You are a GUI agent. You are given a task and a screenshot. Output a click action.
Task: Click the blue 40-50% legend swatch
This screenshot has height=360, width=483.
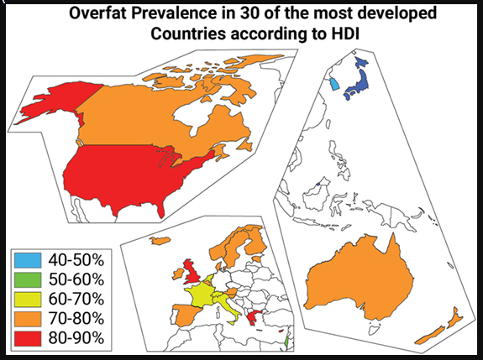click(28, 260)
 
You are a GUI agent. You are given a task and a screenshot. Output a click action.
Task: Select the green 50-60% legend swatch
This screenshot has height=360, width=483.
click(28, 279)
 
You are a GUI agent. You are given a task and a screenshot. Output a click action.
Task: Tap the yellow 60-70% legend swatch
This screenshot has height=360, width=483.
click(28, 299)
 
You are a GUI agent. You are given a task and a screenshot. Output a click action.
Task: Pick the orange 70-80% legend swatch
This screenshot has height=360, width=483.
click(28, 319)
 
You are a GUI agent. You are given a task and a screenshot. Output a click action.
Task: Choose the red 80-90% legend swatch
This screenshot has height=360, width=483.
click(28, 338)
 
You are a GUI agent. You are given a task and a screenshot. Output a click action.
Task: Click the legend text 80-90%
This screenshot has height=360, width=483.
click(76, 338)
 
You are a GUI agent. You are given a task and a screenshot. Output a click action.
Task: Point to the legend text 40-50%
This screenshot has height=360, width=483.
click(76, 260)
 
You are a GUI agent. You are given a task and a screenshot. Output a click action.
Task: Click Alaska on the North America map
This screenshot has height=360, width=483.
click(59, 102)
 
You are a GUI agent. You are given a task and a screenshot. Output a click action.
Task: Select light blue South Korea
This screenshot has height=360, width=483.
click(334, 83)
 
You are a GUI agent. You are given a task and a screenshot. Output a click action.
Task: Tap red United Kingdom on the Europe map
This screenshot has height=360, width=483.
click(192, 272)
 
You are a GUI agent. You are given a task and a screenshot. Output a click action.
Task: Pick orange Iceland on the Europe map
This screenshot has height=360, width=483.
click(160, 240)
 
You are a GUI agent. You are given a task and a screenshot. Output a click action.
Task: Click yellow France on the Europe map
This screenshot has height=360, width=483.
click(200, 295)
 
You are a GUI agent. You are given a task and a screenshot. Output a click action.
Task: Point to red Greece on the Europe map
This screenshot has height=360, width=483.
click(254, 318)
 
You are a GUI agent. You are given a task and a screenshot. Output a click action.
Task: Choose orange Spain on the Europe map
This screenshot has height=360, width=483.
click(187, 315)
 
